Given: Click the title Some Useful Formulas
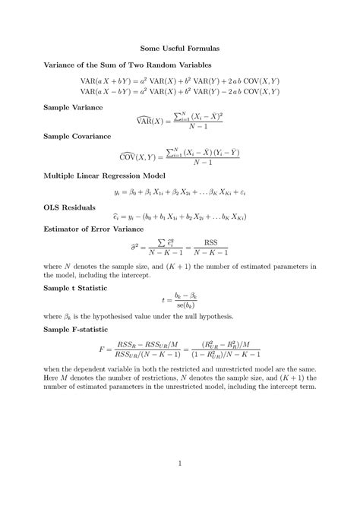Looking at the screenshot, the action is tap(180, 47).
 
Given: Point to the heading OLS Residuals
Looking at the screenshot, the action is tap(70, 206).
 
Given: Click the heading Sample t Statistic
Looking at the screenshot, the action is tap(75, 289).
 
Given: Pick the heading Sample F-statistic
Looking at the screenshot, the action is tap(76, 330).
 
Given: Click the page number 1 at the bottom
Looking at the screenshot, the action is tap(180, 463).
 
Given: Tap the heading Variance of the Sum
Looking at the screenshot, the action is tap(128, 66).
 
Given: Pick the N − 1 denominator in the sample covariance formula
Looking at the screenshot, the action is tap(202, 162).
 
